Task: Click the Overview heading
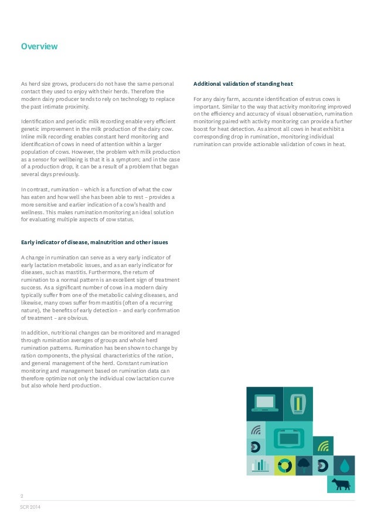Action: pos(39,46)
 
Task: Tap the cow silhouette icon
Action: pos(341,484)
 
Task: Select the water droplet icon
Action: pos(345,465)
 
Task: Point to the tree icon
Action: pos(304,465)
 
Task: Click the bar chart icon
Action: pos(260,466)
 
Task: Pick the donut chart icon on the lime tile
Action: pos(285,465)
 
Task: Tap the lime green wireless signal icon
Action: pos(323,446)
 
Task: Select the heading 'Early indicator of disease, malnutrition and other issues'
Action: pos(103,242)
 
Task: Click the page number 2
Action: pos(22,495)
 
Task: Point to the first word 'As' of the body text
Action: pos(24,84)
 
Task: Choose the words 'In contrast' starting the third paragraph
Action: pos(36,190)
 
